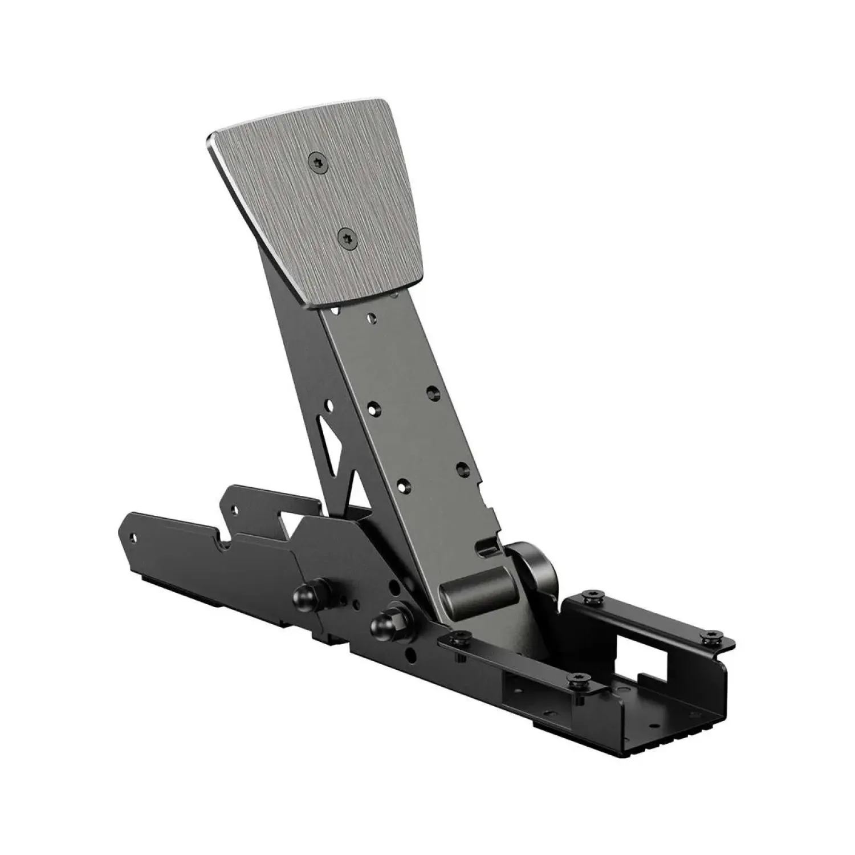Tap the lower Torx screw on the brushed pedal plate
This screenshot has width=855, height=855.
(x=347, y=236)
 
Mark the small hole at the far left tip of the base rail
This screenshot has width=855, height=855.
(x=135, y=536)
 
